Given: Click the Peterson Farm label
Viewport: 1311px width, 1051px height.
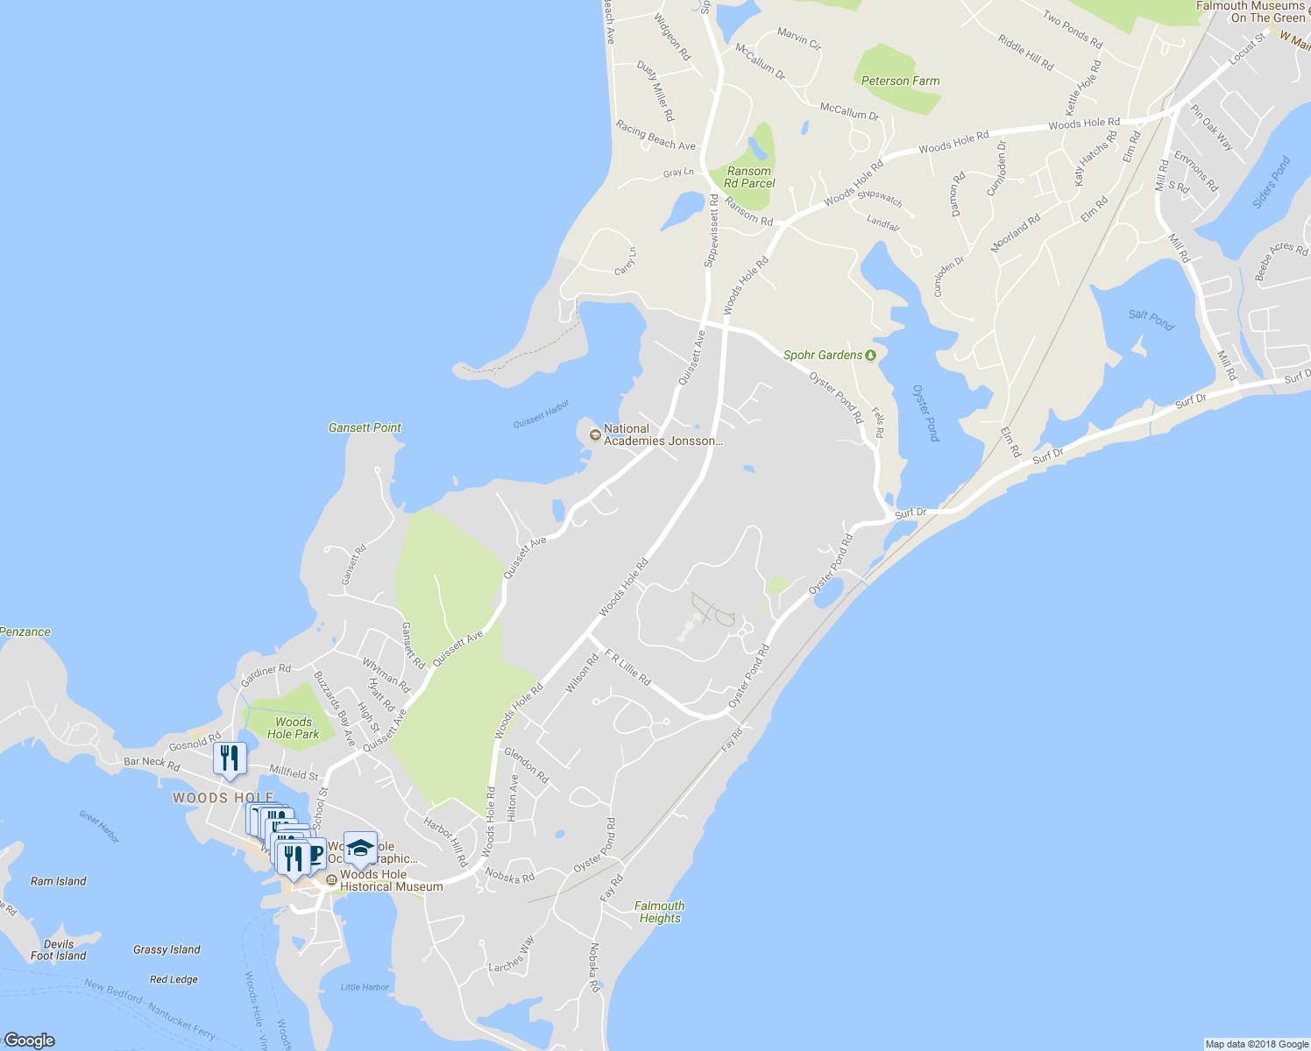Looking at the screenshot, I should point(900,81).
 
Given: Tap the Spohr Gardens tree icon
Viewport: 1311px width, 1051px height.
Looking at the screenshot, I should point(870,355).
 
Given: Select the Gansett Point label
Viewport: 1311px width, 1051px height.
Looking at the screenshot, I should point(365,428).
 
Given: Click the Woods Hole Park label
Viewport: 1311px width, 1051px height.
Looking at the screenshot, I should point(293,729).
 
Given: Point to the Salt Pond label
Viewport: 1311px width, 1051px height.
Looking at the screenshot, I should point(1152,320).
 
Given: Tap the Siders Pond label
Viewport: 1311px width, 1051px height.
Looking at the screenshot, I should point(1272,182).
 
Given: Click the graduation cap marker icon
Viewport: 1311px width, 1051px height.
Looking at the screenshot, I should point(360,848).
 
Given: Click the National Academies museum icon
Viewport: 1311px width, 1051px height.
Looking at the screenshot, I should point(595,434).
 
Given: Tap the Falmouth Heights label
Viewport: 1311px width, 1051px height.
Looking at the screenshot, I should point(660,913).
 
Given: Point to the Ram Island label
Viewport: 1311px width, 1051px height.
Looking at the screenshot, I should point(59,881).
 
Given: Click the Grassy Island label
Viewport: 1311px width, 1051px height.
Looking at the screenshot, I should point(167,949).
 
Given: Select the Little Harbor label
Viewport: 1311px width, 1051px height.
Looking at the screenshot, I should point(365,987).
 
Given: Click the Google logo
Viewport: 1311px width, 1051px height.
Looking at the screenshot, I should point(29,1040).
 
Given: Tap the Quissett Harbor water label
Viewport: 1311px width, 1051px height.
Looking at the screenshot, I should point(541,413).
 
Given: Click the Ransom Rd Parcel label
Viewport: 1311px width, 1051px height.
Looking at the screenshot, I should point(749,177).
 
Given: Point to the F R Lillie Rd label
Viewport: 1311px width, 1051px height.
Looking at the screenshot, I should point(627,667).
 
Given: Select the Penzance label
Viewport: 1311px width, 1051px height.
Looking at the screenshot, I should point(25,631).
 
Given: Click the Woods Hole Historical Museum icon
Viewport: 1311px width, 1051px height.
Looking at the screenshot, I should point(331,880).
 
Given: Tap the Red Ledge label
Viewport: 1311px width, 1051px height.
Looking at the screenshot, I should point(174,979).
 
